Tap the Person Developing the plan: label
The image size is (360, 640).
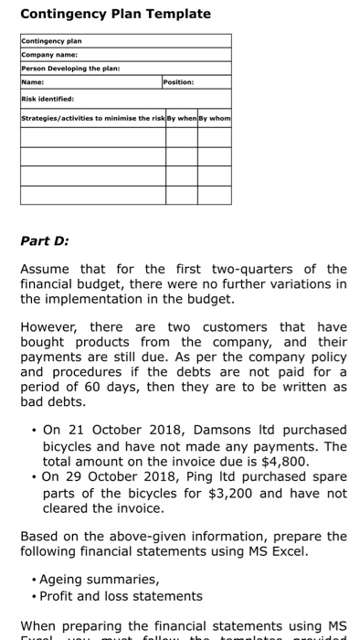(71, 69)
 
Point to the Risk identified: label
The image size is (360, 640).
(48, 98)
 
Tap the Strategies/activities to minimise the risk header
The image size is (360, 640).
(90, 120)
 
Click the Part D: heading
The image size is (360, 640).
(45, 241)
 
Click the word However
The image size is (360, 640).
(52, 327)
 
